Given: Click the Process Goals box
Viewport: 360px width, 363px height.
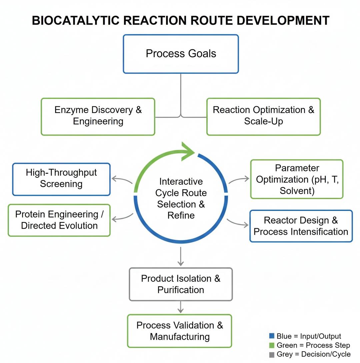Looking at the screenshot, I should tap(181, 54).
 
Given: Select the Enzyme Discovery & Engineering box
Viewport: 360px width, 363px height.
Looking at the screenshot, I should tap(98, 117).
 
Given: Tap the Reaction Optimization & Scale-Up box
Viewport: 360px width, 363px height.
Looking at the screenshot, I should tap(263, 117).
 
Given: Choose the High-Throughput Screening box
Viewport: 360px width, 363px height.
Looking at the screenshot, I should tap(61, 179).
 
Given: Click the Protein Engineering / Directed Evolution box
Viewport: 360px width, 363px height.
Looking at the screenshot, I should tap(59, 220).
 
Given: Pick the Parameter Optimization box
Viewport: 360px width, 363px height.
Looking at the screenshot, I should tap(296, 179).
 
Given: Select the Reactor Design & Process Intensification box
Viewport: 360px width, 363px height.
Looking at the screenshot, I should tap(301, 226).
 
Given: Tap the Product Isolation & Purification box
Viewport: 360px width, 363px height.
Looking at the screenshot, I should tap(181, 284).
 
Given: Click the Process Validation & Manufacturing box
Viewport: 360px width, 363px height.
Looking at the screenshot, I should tap(179, 331).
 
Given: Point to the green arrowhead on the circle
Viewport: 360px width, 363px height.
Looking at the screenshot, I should tap(188, 152).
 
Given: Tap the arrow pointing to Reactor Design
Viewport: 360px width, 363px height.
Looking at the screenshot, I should tap(238, 223).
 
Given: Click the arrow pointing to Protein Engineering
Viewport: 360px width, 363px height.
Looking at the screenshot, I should tap(122, 218).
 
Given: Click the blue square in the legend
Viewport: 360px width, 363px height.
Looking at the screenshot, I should tap(272, 336).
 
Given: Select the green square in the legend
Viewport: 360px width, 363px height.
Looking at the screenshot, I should tap(272, 345).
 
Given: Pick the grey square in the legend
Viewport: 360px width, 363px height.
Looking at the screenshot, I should tap(272, 354).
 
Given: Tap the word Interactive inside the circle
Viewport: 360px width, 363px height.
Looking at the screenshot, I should tap(181, 182).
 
